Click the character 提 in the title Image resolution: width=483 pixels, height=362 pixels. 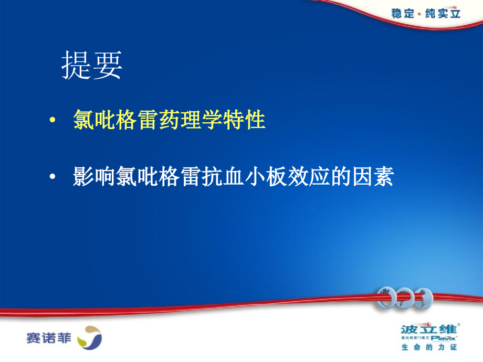[x=77, y=66]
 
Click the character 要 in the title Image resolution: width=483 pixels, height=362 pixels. [x=108, y=66]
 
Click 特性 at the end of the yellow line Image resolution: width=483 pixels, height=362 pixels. [x=249, y=121]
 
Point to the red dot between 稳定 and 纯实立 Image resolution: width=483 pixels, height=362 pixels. [x=419, y=14]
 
